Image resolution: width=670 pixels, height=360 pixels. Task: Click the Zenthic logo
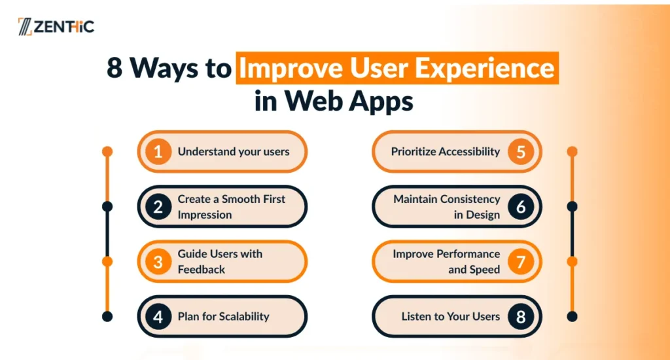pyautogui.click(x=56, y=26)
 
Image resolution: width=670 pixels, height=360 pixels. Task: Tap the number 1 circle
pyautogui.click(x=158, y=151)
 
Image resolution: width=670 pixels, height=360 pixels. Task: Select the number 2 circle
pyautogui.click(x=158, y=206)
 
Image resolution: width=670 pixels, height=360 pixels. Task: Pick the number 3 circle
pyautogui.click(x=158, y=262)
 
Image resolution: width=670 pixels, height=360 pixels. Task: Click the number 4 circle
pyautogui.click(x=158, y=317)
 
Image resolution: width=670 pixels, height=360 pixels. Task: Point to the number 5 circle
pyautogui.click(x=521, y=151)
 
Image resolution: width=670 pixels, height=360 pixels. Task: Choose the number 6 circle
pyautogui.click(x=521, y=206)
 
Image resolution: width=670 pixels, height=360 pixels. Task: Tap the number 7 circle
pyautogui.click(x=521, y=262)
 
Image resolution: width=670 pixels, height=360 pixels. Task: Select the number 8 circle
pyautogui.click(x=521, y=317)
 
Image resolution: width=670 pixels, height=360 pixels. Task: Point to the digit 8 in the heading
pyautogui.click(x=115, y=67)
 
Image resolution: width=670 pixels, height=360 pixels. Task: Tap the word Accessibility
pyautogui.click(x=469, y=152)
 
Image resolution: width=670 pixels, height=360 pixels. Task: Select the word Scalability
pyautogui.click(x=245, y=317)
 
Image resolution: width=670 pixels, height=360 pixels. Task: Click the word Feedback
pyautogui.click(x=202, y=270)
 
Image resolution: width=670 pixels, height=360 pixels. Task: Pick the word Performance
pyautogui.click(x=472, y=254)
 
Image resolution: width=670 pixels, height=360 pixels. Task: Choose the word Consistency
pyautogui.click(x=470, y=199)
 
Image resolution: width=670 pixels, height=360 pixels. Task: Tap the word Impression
pyautogui.click(x=205, y=215)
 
